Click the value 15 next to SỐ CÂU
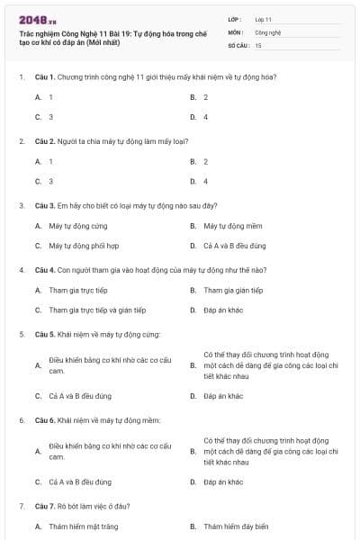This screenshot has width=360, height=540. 258,44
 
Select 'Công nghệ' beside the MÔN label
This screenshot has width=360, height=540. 267,31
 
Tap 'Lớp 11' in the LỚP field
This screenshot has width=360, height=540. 264,19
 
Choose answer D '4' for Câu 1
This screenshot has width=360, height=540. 205,117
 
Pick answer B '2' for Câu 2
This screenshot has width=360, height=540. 205,161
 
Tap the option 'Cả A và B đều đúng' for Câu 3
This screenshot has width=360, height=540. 234,245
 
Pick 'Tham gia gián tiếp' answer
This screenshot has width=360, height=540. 233,290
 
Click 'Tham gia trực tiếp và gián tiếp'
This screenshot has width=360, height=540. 97,310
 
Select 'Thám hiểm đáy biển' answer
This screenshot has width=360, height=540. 236,526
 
